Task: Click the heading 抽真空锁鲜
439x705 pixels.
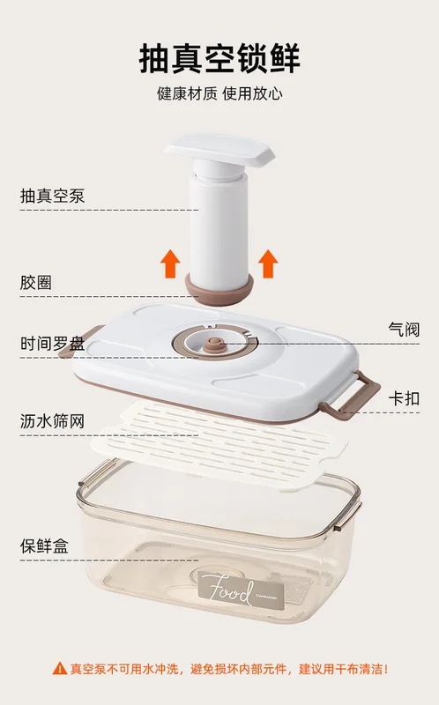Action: click(219, 58)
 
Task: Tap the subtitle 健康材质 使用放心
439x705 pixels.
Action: click(219, 93)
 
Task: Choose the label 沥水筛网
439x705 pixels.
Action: click(52, 420)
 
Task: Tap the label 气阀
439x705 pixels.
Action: click(403, 329)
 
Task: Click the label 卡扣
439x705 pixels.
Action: click(403, 396)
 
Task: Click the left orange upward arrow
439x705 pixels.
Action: click(170, 262)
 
